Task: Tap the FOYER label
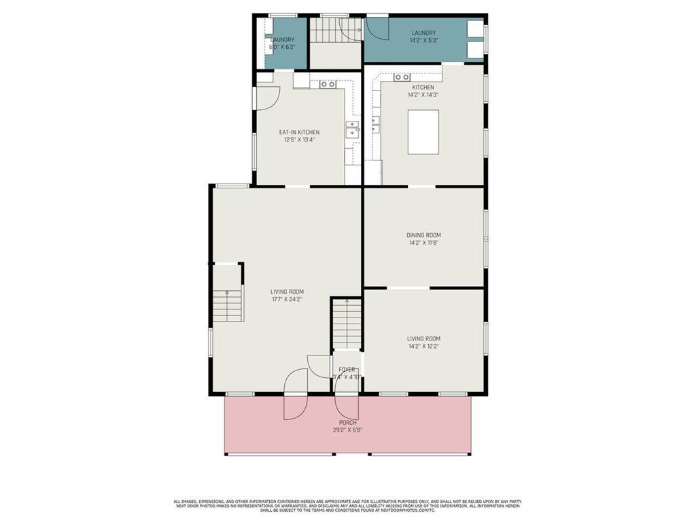click(x=347, y=370)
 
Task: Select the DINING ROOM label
click(x=423, y=235)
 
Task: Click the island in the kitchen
click(x=423, y=132)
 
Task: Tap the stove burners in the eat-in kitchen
click(x=328, y=84)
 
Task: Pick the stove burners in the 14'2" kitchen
click(x=402, y=77)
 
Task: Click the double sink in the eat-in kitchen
click(x=352, y=129)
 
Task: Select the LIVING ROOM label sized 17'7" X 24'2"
click(x=287, y=292)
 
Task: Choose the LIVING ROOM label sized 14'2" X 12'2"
click(x=423, y=338)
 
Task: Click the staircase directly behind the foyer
click(x=347, y=325)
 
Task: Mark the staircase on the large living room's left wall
click(x=227, y=304)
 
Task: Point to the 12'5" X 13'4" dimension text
click(x=299, y=140)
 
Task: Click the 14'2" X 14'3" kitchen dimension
click(x=423, y=95)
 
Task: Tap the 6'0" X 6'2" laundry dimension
click(x=281, y=48)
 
